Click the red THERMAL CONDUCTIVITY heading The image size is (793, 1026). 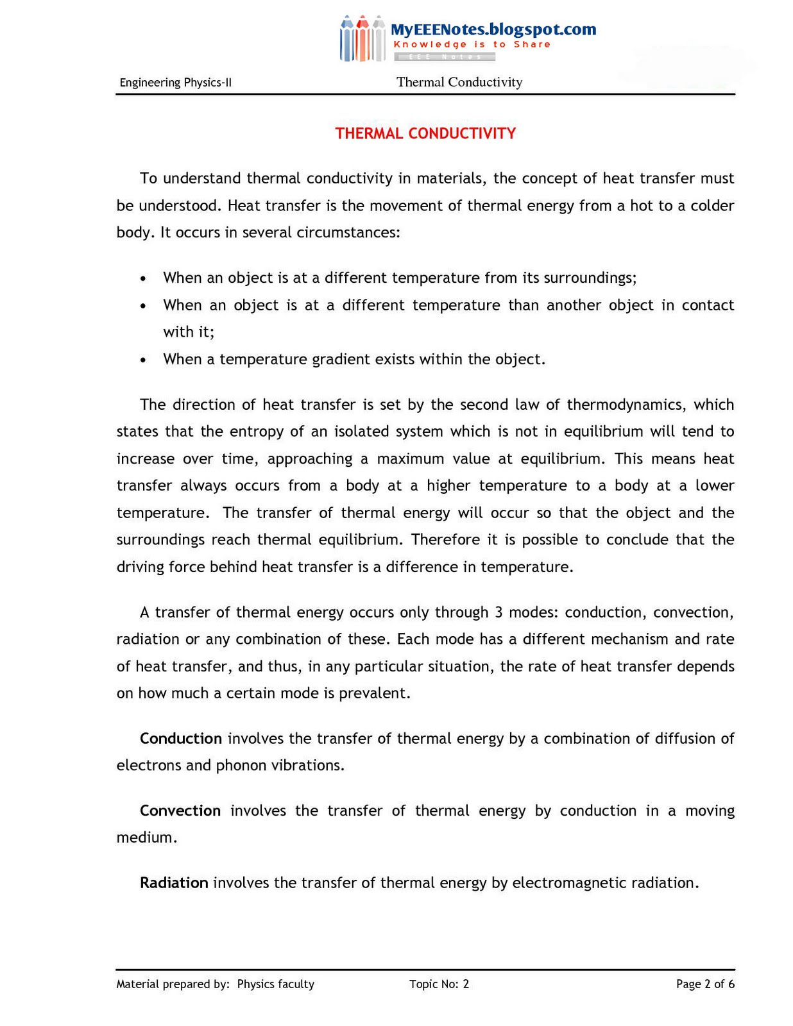tap(425, 133)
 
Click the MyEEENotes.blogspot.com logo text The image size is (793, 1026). tap(493, 29)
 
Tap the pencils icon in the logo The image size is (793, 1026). tap(362, 39)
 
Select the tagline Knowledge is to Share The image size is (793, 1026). tap(472, 44)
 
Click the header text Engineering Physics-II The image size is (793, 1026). tap(175, 83)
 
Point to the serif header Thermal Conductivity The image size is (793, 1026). tap(459, 82)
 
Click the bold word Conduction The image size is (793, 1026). tap(181, 739)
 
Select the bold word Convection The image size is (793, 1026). tap(180, 811)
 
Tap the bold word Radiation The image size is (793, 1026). tap(174, 883)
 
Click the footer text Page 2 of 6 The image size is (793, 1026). tap(705, 984)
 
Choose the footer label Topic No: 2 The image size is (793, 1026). tap(439, 984)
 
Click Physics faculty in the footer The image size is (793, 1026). tap(276, 984)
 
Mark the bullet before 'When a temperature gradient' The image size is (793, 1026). tap(144, 360)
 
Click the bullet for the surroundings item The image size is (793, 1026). tap(144, 278)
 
